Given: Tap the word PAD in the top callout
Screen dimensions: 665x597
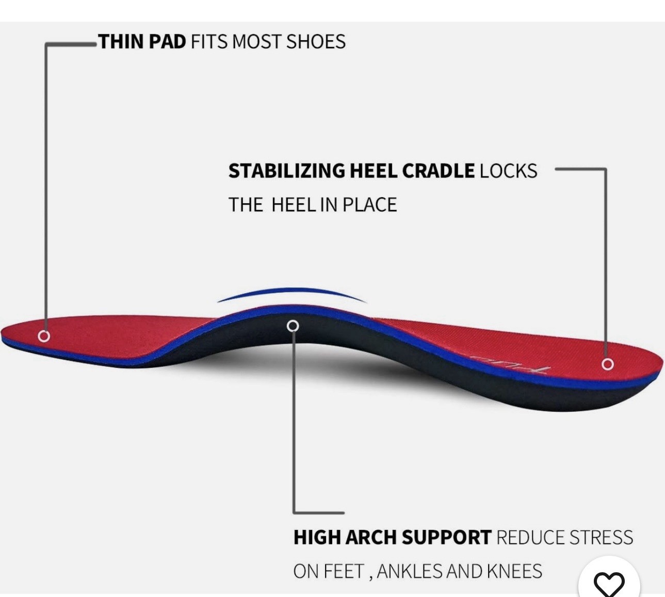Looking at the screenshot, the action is pyautogui.click(x=167, y=42).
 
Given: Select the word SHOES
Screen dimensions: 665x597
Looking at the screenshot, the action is pyautogui.click(x=316, y=42).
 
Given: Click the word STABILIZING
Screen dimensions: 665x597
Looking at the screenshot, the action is pyautogui.click(x=286, y=171).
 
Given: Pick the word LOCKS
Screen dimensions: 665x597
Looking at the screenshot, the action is pyautogui.click(x=508, y=171).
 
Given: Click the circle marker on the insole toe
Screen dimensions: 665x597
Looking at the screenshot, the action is pyautogui.click(x=44, y=336).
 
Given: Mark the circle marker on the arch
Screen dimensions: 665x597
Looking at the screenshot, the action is pyautogui.click(x=293, y=326).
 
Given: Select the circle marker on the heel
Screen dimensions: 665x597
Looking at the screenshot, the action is pyautogui.click(x=608, y=364).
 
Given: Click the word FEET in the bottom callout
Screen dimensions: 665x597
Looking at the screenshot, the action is pyautogui.click(x=344, y=572).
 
